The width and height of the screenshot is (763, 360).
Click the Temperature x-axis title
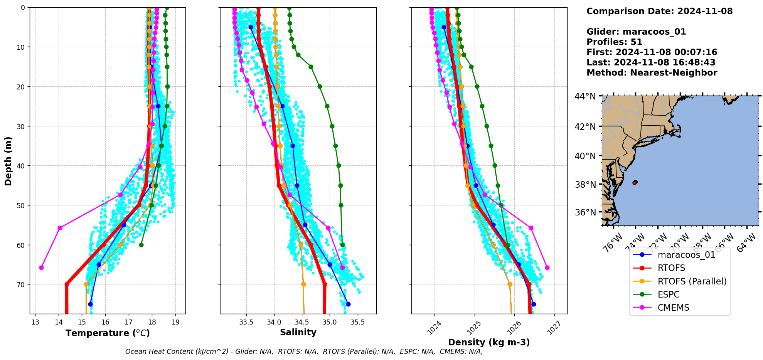108,333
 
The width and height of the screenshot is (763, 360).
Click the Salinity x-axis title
298,333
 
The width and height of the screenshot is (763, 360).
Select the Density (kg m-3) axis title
489,342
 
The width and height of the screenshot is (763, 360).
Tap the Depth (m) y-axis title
8,161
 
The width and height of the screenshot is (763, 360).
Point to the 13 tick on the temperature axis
35,322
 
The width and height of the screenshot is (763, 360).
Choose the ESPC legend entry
669,294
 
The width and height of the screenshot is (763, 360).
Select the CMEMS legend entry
673,308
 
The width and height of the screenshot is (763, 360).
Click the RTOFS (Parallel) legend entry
692,281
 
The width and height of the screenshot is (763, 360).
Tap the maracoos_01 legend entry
686,255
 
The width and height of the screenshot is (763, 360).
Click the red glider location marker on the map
635,182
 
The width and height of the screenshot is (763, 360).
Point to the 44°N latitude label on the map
585,96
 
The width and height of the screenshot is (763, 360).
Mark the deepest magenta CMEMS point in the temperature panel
41,267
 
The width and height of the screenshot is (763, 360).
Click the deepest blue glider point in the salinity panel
348,304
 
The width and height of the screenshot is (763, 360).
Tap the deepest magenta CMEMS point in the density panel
547,267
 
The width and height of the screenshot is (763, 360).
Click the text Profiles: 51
614,42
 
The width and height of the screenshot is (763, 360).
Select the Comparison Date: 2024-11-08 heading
659,11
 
